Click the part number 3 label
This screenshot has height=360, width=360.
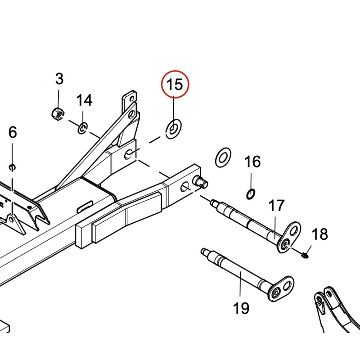click(x=59, y=79)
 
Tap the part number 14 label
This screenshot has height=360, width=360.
click(x=84, y=100)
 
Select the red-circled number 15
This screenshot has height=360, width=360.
click(x=175, y=84)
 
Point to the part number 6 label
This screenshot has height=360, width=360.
click(x=13, y=132)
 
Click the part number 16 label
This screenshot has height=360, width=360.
click(x=252, y=162)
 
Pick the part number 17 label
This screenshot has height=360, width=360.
click(x=276, y=205)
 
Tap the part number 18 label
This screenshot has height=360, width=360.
click(x=319, y=234)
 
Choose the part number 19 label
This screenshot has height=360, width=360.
click(x=241, y=308)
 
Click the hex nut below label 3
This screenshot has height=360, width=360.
click(x=58, y=113)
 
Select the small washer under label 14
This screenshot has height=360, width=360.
click(x=83, y=128)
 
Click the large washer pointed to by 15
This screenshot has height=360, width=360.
click(x=173, y=129)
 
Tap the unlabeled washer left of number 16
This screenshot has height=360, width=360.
click(x=223, y=157)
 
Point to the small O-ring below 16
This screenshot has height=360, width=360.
click(x=251, y=194)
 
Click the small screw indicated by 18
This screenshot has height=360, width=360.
click(x=305, y=255)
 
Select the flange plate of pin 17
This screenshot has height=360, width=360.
click(x=289, y=237)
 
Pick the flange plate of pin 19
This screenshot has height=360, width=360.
click(x=281, y=289)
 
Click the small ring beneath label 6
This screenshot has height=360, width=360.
click(x=12, y=167)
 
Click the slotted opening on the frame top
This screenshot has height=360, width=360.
click(x=85, y=206)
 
